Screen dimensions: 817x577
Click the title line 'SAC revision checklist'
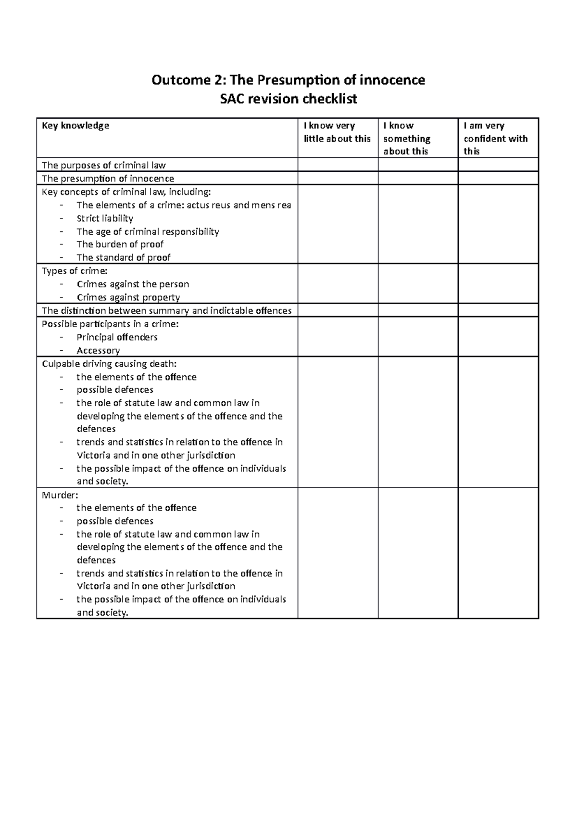point(288,99)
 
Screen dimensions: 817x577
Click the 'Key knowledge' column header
point(75,126)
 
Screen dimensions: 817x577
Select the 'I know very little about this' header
point(337,132)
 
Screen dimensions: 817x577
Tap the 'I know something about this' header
point(407,138)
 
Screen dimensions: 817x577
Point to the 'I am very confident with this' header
point(495,138)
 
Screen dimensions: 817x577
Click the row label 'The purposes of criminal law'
point(103,166)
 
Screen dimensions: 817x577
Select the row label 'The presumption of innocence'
point(108,179)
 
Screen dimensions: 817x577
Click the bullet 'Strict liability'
point(105,218)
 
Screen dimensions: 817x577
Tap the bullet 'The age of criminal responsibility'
point(148,231)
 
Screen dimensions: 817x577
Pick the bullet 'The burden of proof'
point(120,244)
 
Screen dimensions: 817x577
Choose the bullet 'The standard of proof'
point(124,257)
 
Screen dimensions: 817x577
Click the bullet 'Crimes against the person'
point(133,284)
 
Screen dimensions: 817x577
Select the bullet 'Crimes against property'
point(128,297)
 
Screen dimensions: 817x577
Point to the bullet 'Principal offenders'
point(117,337)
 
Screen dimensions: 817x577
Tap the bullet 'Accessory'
point(98,350)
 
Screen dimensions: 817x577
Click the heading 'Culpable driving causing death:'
point(113,364)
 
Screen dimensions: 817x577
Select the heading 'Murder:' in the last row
point(60,495)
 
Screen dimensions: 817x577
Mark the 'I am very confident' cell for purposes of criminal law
point(498,165)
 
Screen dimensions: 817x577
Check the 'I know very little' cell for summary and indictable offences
point(338,310)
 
